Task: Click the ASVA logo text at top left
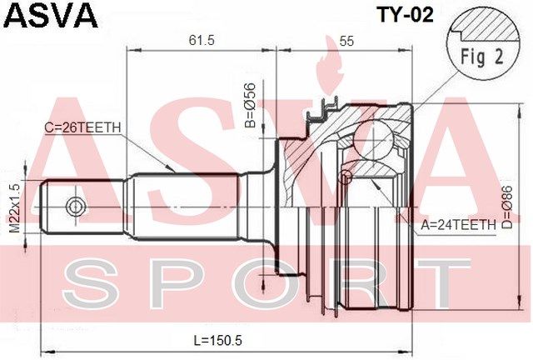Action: (51, 15)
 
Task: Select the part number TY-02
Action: (406, 15)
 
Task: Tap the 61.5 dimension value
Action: (202, 41)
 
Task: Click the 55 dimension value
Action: (346, 41)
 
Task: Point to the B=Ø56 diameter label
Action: (250, 105)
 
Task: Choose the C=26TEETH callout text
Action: (82, 127)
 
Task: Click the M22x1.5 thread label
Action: (15, 207)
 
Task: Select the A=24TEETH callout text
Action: (459, 225)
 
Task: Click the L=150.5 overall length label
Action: (218, 340)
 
